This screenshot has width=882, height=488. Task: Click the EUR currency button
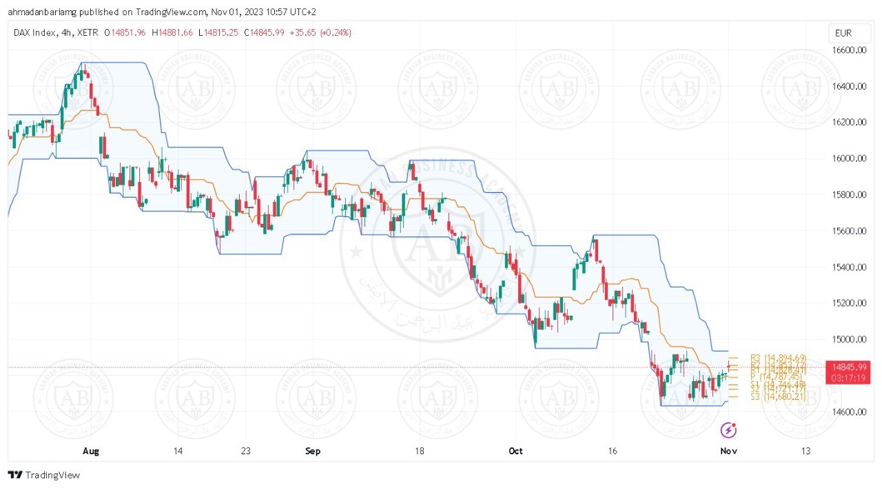pyautogui.click(x=843, y=33)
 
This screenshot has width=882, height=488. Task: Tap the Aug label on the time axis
pyautogui.click(x=91, y=451)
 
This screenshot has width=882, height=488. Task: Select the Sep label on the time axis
pyautogui.click(x=313, y=451)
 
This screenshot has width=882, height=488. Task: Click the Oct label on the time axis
pyautogui.click(x=515, y=451)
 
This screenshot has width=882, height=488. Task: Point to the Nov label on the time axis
pyautogui.click(x=728, y=451)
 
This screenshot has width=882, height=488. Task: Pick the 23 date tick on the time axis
pyautogui.click(x=246, y=451)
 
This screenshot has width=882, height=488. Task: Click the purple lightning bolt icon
pyautogui.click(x=728, y=431)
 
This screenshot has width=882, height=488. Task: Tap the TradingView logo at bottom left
pyautogui.click(x=44, y=475)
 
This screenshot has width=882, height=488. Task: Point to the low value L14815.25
pyautogui.click(x=220, y=32)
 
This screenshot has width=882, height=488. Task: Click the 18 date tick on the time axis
pyautogui.click(x=419, y=451)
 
